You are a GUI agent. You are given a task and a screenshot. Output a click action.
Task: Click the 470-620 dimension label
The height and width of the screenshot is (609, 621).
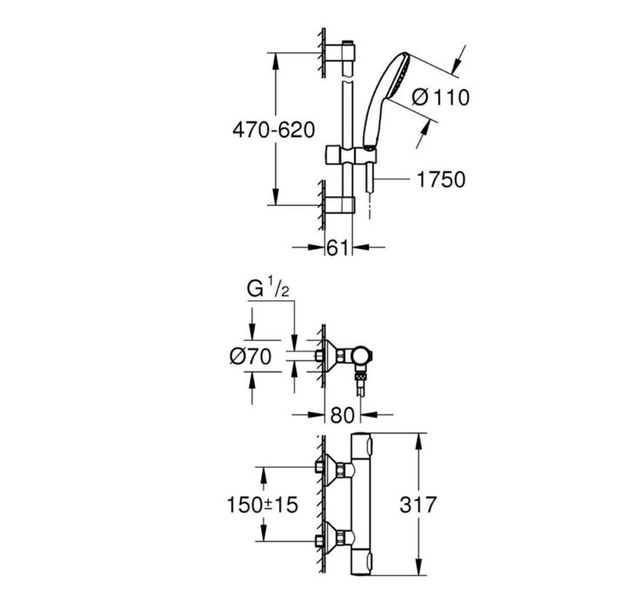(x=274, y=130)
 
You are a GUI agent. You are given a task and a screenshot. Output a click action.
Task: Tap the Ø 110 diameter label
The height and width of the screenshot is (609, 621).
(x=440, y=97)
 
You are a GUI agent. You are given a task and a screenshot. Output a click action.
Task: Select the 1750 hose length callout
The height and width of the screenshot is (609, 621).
(x=441, y=179)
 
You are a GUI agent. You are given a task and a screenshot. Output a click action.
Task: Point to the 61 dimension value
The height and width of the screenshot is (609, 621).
(x=337, y=248)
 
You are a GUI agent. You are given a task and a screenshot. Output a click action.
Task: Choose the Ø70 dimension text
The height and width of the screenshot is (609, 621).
(x=250, y=356)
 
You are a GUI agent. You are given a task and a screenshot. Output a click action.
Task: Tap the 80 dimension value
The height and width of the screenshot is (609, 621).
(x=342, y=415)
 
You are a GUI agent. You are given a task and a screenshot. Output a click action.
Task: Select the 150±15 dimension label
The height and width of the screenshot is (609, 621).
(x=262, y=505)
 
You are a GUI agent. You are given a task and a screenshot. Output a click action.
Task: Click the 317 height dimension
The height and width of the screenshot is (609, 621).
(x=417, y=505)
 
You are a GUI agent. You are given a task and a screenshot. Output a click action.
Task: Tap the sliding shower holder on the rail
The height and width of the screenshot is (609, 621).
(x=351, y=155)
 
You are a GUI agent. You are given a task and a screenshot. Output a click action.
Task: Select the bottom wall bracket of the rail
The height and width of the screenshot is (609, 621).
(x=340, y=205)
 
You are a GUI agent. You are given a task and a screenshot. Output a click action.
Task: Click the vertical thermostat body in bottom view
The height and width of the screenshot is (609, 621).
(x=361, y=504)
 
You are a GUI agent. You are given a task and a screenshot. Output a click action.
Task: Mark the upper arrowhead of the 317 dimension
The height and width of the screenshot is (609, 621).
(x=418, y=441)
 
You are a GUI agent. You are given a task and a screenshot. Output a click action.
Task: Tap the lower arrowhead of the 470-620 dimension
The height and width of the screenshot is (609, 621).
(x=276, y=197)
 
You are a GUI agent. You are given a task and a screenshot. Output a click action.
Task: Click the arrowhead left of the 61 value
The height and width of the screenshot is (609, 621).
(x=317, y=248)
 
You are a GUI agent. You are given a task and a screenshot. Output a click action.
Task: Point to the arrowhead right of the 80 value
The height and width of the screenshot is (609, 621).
(x=369, y=415)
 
